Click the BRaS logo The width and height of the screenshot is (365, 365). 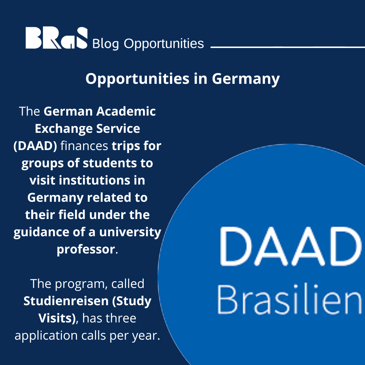tap(56, 38)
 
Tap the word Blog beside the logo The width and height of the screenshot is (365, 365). tap(105, 44)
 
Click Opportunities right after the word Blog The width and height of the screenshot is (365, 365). tap(164, 44)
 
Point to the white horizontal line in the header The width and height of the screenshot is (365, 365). tap(287, 47)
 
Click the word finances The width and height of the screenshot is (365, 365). tap(84, 146)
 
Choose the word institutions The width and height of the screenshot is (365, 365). tap(98, 180)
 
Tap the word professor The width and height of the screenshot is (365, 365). tap(86, 249)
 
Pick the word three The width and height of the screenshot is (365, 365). tap(121, 318)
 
